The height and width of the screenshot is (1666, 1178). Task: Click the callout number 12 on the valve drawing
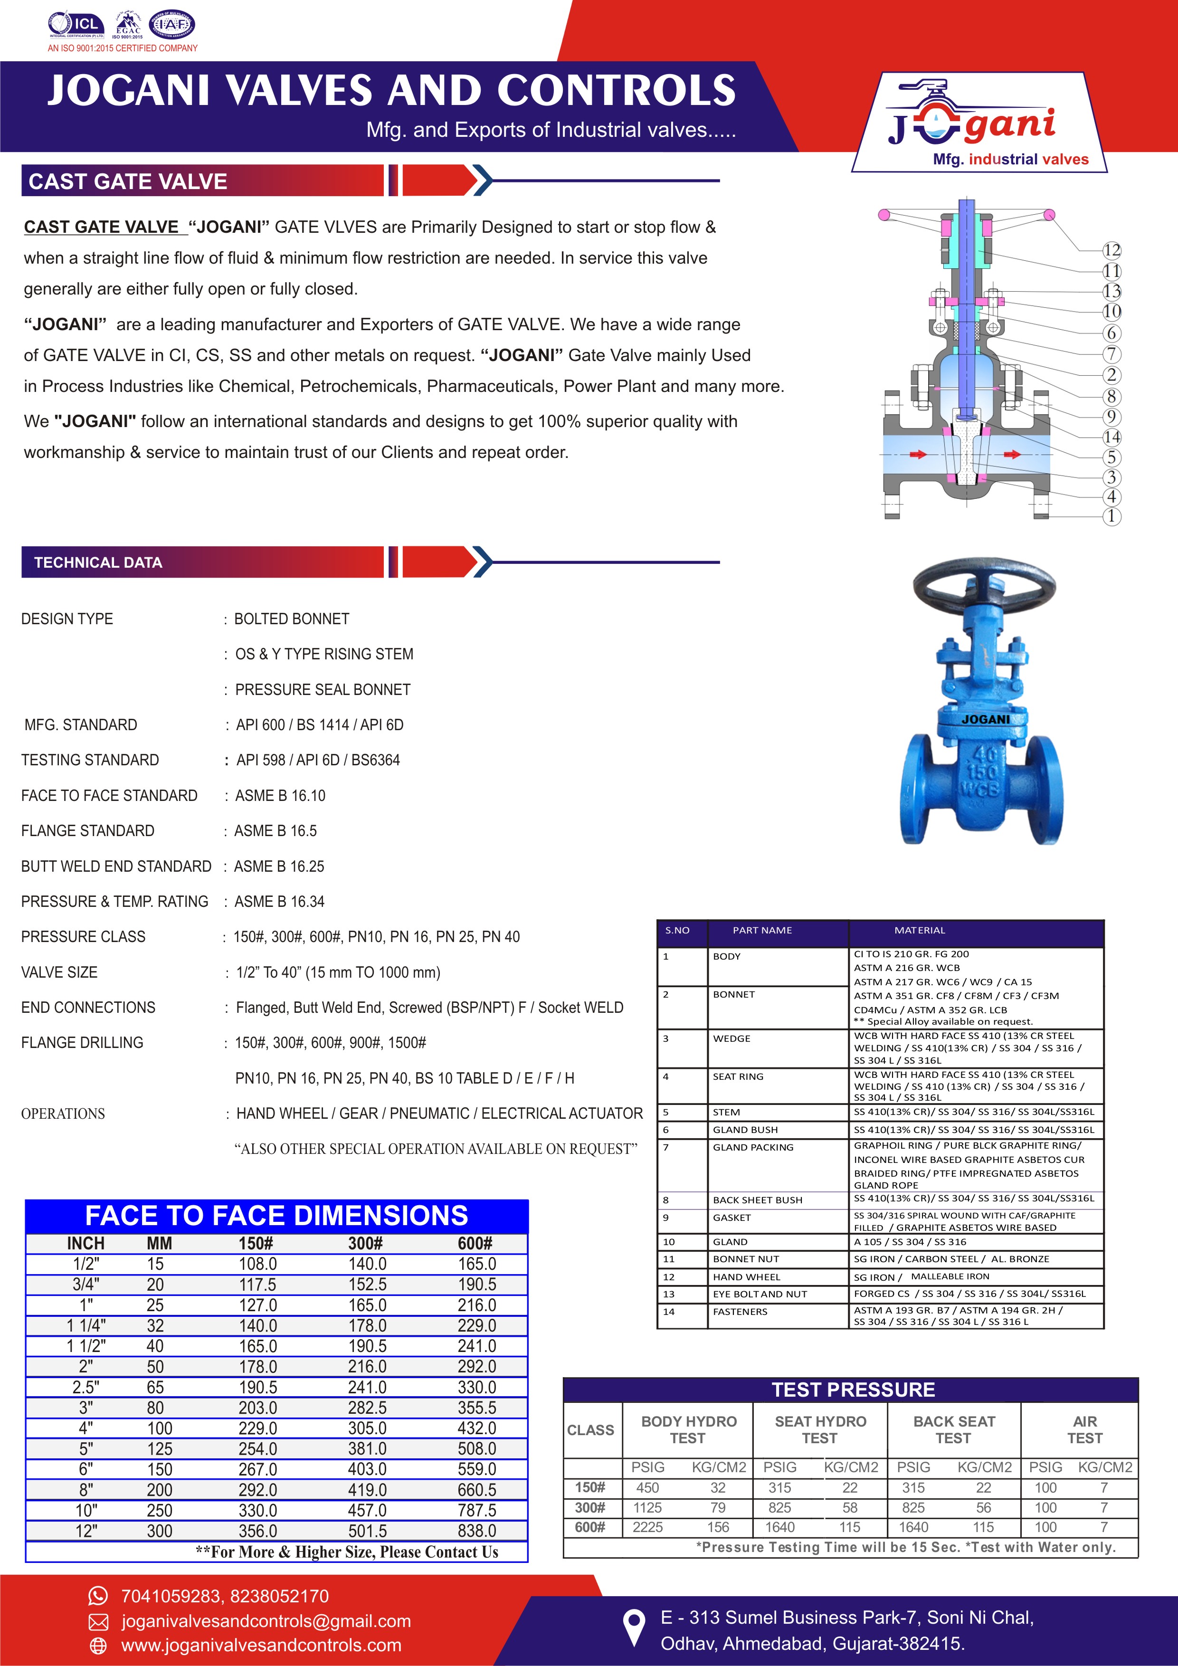tap(1111, 250)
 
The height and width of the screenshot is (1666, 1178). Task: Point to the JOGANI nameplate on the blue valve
tap(986, 719)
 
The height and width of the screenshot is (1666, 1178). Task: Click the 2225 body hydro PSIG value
tap(648, 1527)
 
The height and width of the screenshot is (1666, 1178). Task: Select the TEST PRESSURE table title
tap(853, 1390)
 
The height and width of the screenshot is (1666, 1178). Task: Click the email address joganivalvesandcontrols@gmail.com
tap(266, 1621)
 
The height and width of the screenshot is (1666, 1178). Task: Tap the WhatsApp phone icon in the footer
tap(97, 1596)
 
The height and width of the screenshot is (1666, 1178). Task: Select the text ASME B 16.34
tap(279, 901)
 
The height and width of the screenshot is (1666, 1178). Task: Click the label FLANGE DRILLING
tap(82, 1043)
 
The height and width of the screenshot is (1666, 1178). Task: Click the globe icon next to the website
tap(97, 1645)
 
